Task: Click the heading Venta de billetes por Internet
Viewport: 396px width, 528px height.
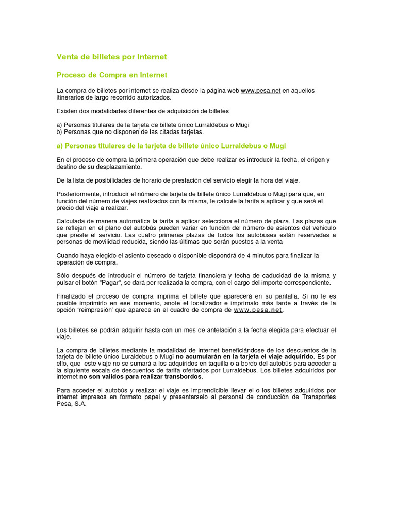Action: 111,57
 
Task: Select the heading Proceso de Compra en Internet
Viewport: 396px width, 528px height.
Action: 111,75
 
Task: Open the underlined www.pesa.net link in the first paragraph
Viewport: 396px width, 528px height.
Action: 261,91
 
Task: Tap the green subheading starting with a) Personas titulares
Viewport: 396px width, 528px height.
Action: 171,146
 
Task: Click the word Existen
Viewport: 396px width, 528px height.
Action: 68,111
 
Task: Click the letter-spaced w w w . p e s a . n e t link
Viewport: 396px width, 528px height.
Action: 258,310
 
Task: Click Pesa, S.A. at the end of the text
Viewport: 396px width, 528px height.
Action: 72,404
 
